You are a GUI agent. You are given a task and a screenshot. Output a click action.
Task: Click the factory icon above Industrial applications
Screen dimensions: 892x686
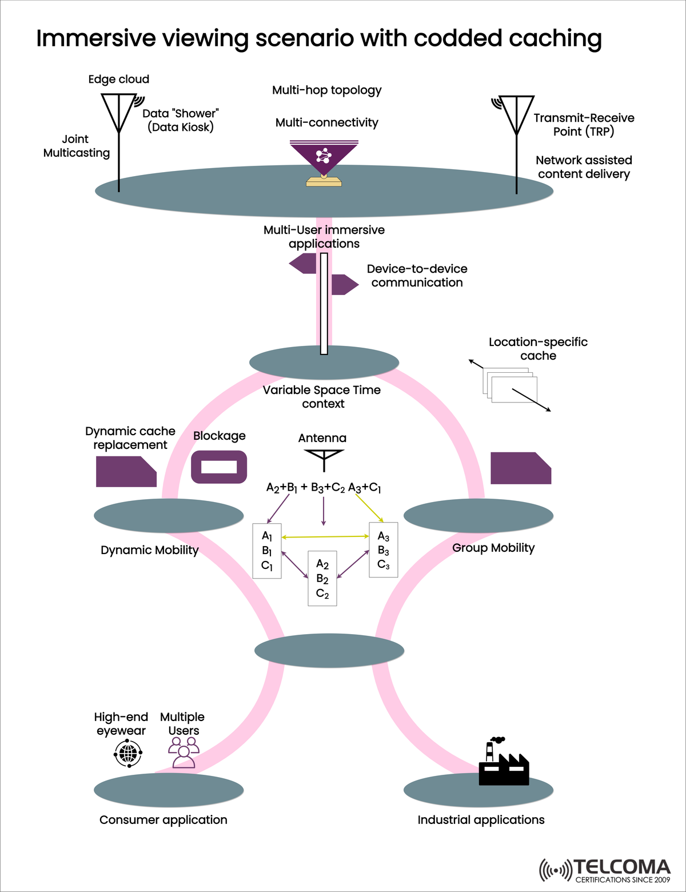tap(504, 763)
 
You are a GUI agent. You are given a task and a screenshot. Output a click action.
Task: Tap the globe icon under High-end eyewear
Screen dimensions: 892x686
tap(128, 753)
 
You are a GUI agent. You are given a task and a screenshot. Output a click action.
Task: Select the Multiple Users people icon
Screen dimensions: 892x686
tap(184, 751)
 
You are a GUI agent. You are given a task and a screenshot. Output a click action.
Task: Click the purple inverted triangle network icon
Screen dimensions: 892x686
tap(324, 157)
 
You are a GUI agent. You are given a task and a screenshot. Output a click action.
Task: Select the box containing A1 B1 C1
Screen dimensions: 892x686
tap(267, 551)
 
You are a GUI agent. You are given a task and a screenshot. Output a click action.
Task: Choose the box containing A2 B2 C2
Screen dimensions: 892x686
tap(322, 578)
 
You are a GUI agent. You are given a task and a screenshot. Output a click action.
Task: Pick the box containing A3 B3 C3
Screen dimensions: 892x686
tap(384, 549)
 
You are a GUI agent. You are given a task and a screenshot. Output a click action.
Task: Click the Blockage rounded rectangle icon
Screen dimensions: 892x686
tap(219, 467)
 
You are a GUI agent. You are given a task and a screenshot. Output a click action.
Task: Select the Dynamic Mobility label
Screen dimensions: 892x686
tap(150, 550)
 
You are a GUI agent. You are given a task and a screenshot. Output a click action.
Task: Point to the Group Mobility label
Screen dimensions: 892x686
tap(493, 548)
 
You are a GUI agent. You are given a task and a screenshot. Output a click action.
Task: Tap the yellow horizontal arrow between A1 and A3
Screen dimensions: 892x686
tap(325, 536)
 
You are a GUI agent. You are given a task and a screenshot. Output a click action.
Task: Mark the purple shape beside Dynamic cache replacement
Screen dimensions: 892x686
tap(126, 472)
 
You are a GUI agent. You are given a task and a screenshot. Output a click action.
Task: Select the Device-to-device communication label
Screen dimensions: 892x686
tap(417, 276)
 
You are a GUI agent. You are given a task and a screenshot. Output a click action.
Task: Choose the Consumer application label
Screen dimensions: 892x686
tap(163, 819)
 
